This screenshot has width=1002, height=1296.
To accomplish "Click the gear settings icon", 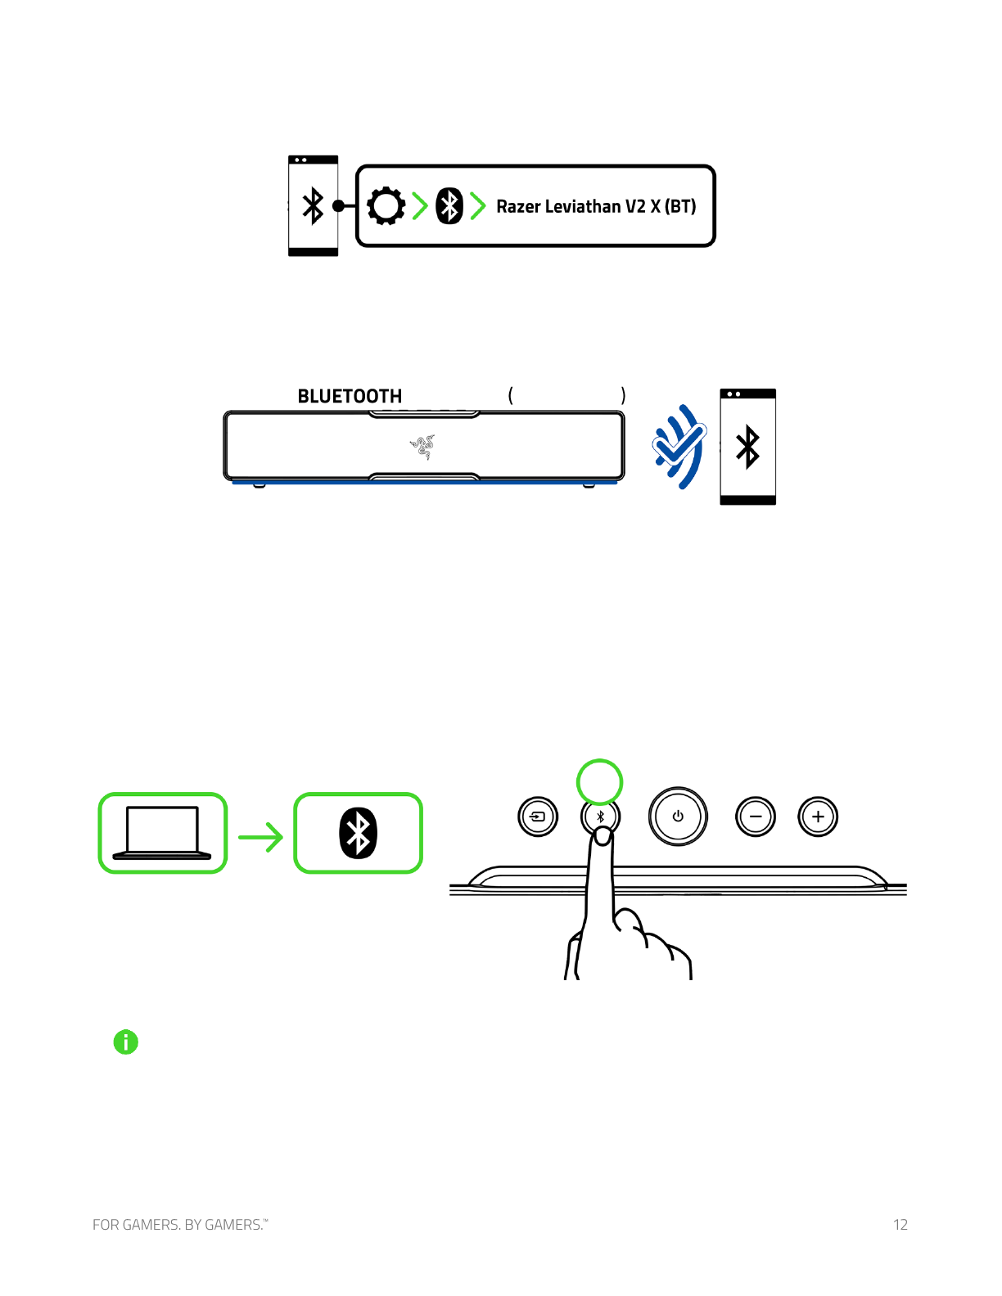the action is tap(386, 206).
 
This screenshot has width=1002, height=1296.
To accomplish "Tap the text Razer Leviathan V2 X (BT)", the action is tap(596, 206).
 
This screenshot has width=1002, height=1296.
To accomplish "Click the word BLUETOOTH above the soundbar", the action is tap(350, 396).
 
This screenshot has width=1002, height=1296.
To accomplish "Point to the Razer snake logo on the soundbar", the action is tap(422, 447).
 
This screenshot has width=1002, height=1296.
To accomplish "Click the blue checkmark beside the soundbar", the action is tap(679, 447).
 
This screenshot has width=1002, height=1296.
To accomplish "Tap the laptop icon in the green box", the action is tap(162, 833).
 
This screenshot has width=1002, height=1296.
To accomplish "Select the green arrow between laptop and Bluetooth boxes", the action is tap(260, 836).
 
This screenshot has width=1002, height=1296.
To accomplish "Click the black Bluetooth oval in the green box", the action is tap(359, 833).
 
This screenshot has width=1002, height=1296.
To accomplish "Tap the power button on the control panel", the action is tap(678, 817).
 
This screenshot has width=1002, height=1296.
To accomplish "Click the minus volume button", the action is tap(756, 817).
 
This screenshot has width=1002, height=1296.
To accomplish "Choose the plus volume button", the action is tap(818, 817).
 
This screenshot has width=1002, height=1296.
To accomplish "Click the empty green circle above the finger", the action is tap(600, 782).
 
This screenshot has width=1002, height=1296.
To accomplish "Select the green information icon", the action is tap(126, 1042).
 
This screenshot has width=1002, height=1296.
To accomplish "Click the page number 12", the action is tap(900, 1225).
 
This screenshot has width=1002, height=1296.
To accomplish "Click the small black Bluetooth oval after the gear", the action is tap(449, 206).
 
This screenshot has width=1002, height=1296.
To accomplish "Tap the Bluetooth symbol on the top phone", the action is tap(313, 206).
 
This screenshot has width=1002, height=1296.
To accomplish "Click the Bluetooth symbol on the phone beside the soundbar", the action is tap(747, 448).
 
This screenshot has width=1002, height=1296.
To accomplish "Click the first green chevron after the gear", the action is tap(420, 206).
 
